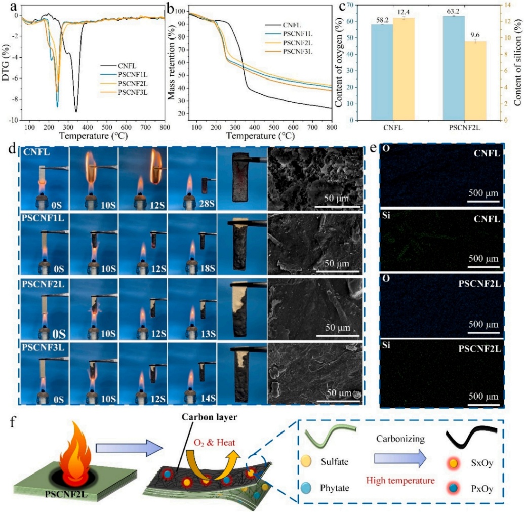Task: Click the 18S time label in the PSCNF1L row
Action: click(x=204, y=267)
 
